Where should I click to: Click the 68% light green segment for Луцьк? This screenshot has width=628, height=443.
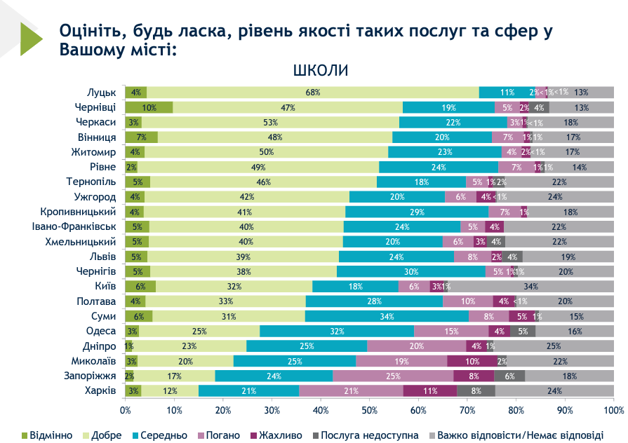pyautogui.click(x=313, y=93)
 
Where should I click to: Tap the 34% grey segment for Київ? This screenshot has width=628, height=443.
pyautogui.click(x=531, y=286)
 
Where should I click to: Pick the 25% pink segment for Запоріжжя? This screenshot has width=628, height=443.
pyautogui.click(x=393, y=376)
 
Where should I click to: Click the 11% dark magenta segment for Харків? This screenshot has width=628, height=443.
pyautogui.click(x=430, y=390)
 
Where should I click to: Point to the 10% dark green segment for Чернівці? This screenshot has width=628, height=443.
pyautogui.click(x=149, y=107)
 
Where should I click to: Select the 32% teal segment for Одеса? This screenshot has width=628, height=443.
pyautogui.click(x=337, y=331)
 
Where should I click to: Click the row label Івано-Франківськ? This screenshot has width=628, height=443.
pyautogui.click(x=71, y=226)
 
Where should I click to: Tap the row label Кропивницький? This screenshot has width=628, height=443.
pyautogui.click(x=76, y=212)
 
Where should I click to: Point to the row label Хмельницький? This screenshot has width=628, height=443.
pyautogui.click(x=79, y=241)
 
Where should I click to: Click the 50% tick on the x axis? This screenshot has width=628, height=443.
pyautogui.click(x=370, y=409)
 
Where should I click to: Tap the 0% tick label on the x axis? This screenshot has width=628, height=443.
pyautogui.click(x=126, y=409)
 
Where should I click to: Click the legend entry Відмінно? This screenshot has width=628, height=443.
pyautogui.click(x=44, y=435)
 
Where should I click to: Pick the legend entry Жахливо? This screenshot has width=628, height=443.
pyautogui.click(x=277, y=435)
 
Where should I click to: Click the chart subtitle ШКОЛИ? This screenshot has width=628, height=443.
pyautogui.click(x=320, y=71)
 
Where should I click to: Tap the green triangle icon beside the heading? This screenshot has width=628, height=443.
pyautogui.click(x=31, y=39)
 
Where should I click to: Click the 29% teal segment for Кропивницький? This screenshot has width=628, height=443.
pyautogui.click(x=417, y=212)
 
